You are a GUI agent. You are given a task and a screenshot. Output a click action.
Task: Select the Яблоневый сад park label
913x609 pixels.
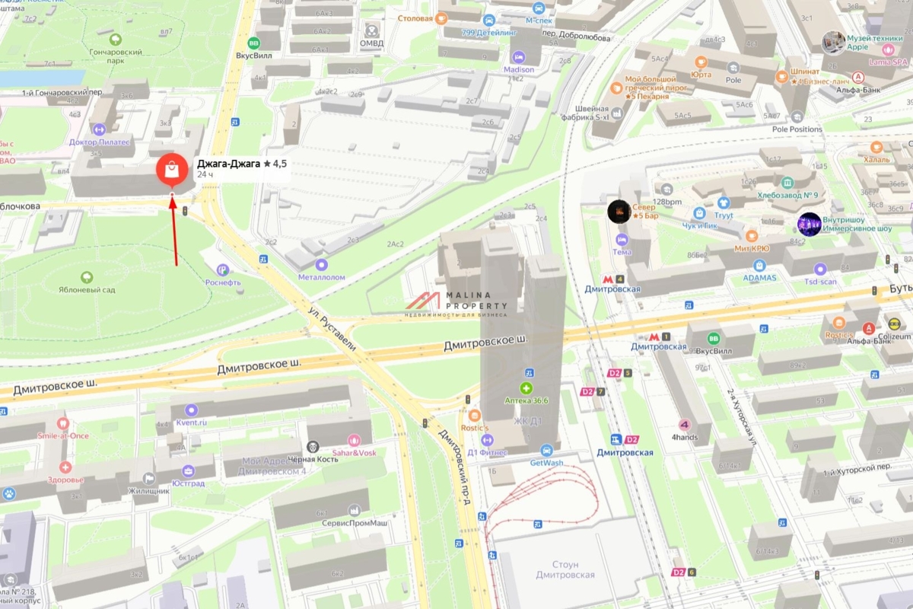pos(87,289)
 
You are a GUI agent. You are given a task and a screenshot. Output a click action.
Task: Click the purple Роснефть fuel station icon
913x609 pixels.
pos(222,269)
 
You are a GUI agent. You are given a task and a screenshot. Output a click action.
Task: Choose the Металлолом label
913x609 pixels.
pos(322,277)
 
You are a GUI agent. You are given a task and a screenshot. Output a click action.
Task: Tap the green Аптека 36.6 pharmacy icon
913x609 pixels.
pos(526,388)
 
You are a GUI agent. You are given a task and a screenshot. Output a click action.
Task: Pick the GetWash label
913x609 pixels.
pos(546,462)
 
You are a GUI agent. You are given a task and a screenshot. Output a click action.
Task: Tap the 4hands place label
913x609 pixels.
pos(684,437)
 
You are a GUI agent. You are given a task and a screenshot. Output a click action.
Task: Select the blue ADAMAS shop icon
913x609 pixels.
pos(759,266)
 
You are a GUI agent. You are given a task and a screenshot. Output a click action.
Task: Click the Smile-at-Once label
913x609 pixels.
pos(63,435)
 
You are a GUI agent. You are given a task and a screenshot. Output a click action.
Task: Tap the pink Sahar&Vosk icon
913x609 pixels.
pos(354,440)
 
